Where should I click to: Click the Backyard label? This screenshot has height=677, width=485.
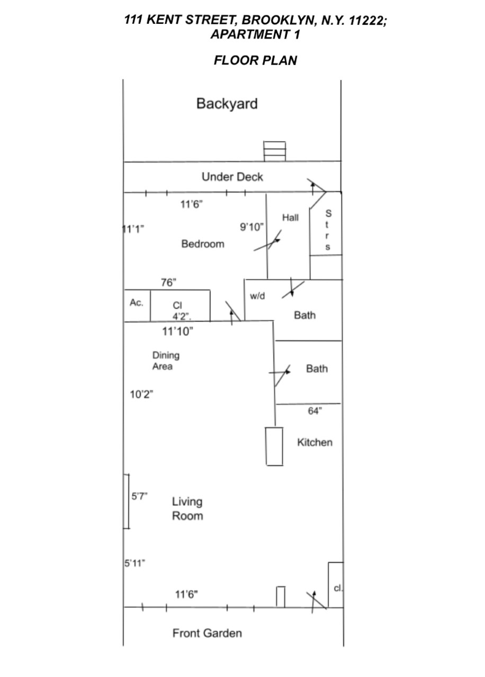click(x=227, y=104)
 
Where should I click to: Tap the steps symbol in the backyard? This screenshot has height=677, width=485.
click(x=275, y=151)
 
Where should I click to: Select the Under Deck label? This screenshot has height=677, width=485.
click(x=232, y=177)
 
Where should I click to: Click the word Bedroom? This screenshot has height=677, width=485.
click(x=202, y=244)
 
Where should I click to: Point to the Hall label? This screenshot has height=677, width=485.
click(x=290, y=217)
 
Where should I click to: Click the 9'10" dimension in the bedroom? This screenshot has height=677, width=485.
click(x=252, y=227)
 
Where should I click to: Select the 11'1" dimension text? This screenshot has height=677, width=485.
click(x=133, y=229)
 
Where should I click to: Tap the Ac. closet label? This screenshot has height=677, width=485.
click(x=137, y=303)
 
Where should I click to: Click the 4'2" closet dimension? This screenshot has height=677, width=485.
click(x=180, y=316)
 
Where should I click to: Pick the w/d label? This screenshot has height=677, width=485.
click(x=257, y=296)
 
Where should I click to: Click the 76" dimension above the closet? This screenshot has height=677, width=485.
click(x=168, y=282)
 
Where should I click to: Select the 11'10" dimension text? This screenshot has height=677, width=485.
click(x=177, y=332)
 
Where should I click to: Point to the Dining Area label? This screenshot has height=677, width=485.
click(x=166, y=361)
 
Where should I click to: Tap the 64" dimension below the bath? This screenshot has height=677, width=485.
click(x=315, y=411)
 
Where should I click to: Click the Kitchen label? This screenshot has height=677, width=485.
click(x=315, y=442)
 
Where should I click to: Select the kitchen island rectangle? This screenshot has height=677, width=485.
click(x=274, y=446)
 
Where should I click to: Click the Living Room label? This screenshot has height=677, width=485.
click(x=187, y=508)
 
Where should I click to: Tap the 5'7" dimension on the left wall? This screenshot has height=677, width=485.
click(x=139, y=496)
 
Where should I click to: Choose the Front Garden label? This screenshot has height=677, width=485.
click(x=207, y=633)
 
